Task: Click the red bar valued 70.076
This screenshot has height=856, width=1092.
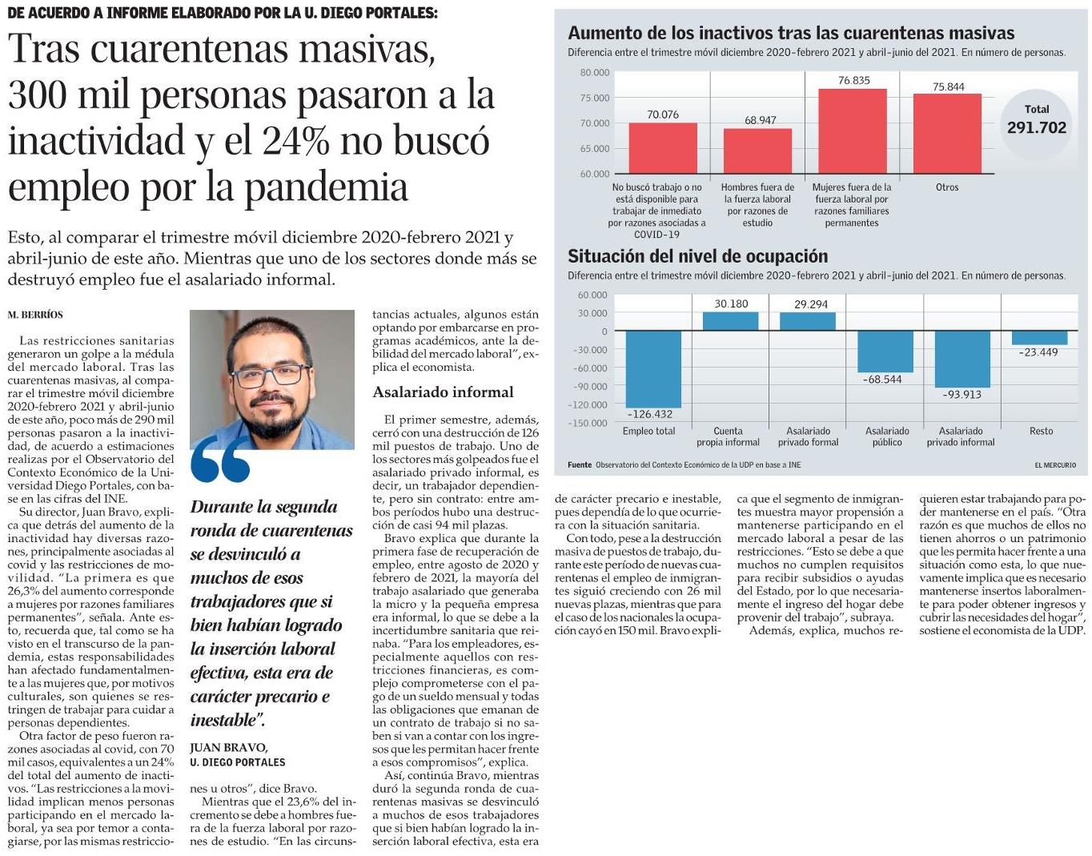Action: click(x=662, y=148)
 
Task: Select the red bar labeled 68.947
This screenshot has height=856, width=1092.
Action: click(x=757, y=151)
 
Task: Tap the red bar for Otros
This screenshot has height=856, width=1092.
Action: click(x=947, y=134)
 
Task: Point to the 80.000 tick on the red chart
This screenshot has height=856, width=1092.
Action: click(x=595, y=72)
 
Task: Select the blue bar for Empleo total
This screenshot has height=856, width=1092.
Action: click(x=653, y=369)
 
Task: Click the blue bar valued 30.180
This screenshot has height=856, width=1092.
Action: click(x=730, y=321)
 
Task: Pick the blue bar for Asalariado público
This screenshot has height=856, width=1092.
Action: click(x=885, y=352)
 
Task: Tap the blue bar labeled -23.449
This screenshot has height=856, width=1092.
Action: click(x=1039, y=338)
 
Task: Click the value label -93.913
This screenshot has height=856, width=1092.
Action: click(x=962, y=395)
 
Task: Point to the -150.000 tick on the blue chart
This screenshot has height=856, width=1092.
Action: click(x=588, y=424)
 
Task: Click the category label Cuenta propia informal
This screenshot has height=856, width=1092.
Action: click(x=728, y=436)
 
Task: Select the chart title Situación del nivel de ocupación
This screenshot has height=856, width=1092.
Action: click(x=697, y=256)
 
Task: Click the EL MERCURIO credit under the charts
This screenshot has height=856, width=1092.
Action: click(x=1055, y=465)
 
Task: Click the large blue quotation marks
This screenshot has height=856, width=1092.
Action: click(x=220, y=459)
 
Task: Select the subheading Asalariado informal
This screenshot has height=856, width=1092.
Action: click(x=443, y=392)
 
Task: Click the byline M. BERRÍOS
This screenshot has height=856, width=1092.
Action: click(x=35, y=315)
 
